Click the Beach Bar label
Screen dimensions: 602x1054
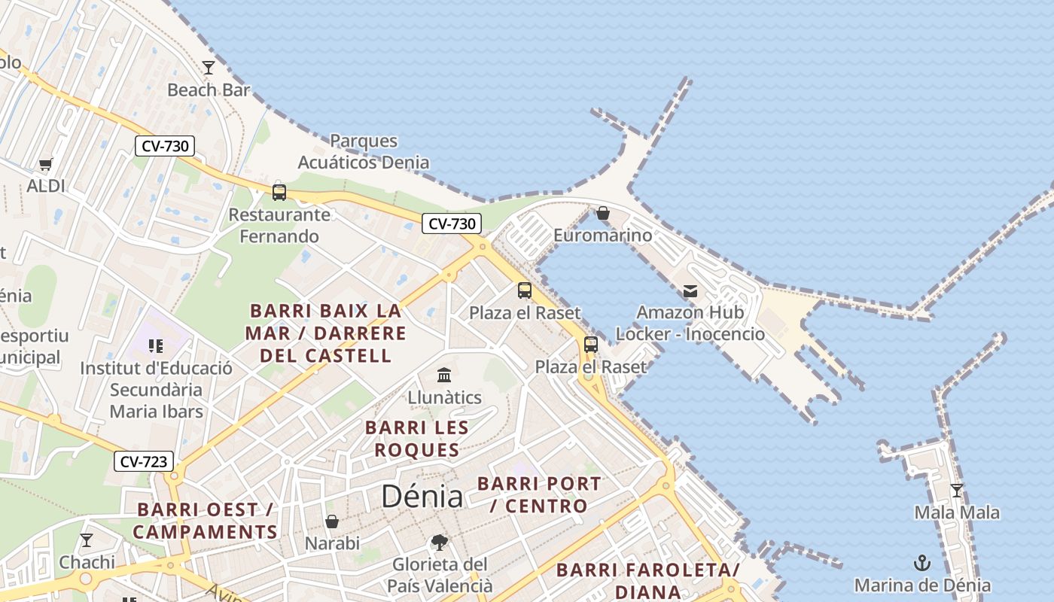(209, 90)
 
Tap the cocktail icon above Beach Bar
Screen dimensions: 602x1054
(209, 68)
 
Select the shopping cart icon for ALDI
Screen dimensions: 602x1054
(46, 164)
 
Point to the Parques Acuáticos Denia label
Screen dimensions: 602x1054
(364, 151)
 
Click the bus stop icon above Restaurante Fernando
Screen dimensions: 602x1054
(279, 192)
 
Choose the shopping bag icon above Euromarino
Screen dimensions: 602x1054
(602, 213)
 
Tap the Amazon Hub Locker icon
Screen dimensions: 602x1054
(690, 291)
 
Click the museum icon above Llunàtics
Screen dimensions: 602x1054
(444, 375)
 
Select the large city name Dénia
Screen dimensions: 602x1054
(422, 496)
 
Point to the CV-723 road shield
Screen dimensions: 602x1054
(143, 461)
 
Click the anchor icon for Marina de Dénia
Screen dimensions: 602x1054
(922, 562)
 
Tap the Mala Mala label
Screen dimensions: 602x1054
(957, 512)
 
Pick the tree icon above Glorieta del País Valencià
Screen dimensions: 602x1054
(440, 542)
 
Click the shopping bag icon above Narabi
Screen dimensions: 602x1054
(332, 521)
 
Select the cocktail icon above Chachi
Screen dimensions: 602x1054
(87, 540)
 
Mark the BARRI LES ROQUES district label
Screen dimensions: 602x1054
(417, 439)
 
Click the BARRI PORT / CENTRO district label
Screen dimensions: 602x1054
(539, 494)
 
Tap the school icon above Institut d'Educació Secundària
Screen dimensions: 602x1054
(156, 346)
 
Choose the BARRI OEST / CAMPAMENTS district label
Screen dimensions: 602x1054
(205, 521)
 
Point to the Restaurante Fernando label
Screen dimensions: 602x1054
(279, 225)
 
